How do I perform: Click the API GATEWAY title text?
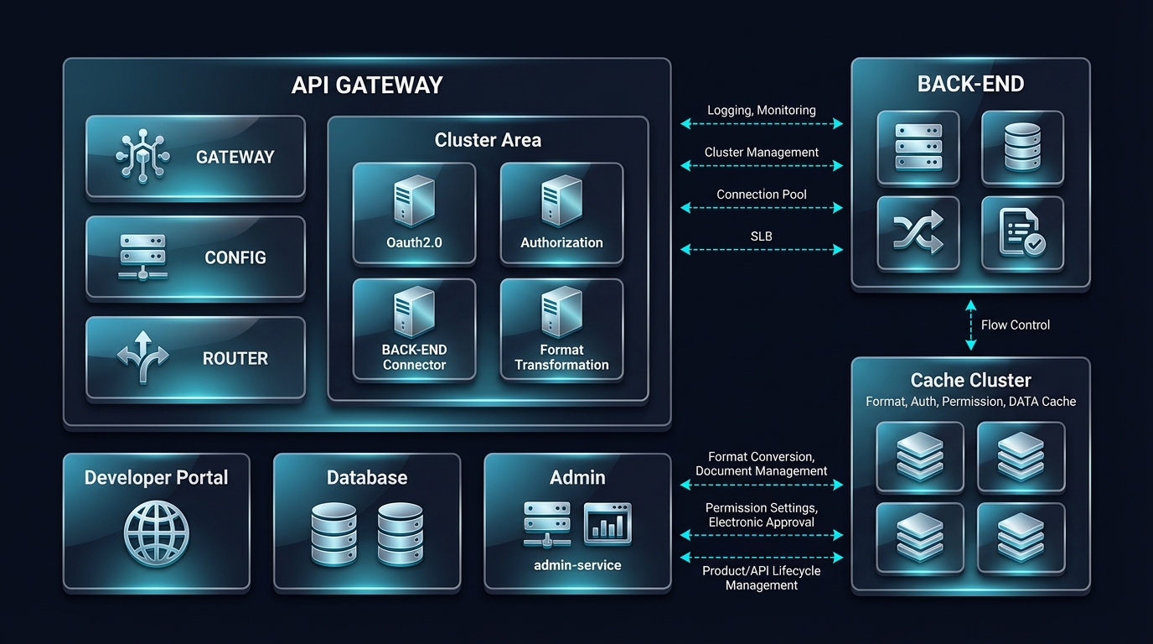point(366,86)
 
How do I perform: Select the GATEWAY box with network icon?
point(195,157)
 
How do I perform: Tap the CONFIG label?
point(235,257)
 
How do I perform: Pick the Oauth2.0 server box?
point(414,212)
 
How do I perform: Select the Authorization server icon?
point(561,201)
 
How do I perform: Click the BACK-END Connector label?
point(414,357)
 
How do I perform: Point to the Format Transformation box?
point(561,330)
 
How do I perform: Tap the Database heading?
point(367,478)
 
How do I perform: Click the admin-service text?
point(577,565)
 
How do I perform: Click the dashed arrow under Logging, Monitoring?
point(761,124)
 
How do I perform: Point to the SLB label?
point(761,236)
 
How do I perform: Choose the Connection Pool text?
point(761,195)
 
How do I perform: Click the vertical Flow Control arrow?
point(970,325)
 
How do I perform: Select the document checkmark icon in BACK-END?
point(1022,232)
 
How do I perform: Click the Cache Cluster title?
point(970,380)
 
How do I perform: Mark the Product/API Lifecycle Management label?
point(761,578)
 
